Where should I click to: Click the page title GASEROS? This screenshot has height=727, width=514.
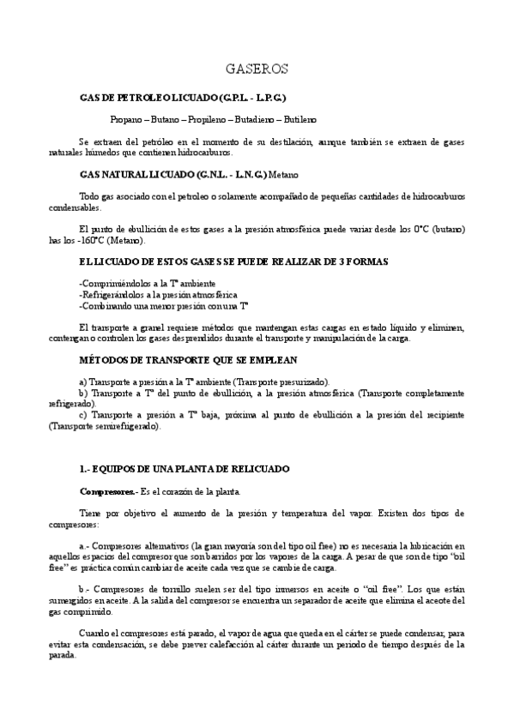click(x=257, y=68)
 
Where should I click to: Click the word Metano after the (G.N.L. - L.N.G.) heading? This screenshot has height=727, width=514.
click(x=284, y=173)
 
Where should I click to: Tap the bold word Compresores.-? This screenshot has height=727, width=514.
click(x=106, y=491)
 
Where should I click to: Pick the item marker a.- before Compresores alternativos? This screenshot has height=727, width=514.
click(x=83, y=545)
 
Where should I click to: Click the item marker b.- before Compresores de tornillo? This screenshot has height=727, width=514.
click(x=83, y=590)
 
